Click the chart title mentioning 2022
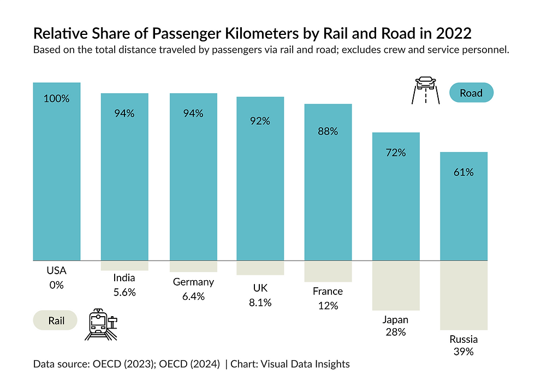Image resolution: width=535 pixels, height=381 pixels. (x=252, y=33)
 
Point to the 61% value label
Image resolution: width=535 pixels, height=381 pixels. (x=463, y=172)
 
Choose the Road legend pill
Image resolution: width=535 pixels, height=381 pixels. (x=471, y=93)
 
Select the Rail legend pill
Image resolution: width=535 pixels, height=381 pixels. (x=56, y=321)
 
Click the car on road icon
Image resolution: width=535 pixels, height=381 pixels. (x=425, y=90)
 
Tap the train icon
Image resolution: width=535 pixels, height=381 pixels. (x=100, y=325)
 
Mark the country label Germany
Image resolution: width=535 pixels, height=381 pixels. (x=193, y=282)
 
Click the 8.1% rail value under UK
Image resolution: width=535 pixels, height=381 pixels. (x=260, y=303)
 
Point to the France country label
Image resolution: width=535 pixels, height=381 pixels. (x=328, y=291)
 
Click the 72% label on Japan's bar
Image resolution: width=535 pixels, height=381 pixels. (x=396, y=153)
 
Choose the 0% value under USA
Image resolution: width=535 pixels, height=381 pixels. (x=56, y=285)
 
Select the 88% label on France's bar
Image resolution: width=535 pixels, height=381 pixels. (x=328, y=131)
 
